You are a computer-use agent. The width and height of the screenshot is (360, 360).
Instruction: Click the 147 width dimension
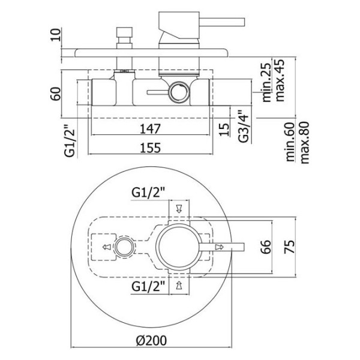[150, 129]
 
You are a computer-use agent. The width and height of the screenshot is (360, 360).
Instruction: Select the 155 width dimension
[150, 148]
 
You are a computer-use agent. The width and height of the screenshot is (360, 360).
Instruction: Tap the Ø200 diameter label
[151, 340]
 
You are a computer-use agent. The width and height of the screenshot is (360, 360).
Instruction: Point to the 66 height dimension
[266, 247]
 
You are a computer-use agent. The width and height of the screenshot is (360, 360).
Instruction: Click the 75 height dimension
[290, 247]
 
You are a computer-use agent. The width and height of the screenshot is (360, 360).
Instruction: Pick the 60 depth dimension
[56, 94]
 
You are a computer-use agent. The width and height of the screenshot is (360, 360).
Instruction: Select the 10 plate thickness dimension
[56, 35]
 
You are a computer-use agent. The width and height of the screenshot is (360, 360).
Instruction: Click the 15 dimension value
[224, 130]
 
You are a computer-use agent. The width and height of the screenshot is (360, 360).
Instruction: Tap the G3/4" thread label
[244, 126]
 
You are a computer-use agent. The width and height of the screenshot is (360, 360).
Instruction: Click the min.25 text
[266, 82]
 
